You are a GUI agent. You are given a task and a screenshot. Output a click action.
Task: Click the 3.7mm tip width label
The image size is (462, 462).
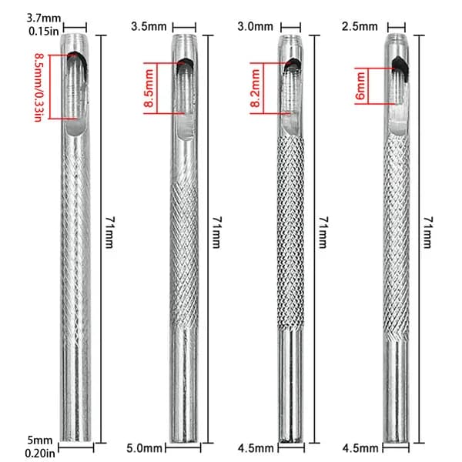pyautogui.click(x=44, y=18)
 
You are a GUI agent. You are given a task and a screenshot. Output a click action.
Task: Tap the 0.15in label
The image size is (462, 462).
pyautogui.click(x=44, y=32)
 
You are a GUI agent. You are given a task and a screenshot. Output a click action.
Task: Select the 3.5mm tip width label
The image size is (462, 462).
pyautogui.click(x=149, y=26)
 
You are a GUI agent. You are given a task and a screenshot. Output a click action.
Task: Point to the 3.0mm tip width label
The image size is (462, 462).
pyautogui.click(x=255, y=26)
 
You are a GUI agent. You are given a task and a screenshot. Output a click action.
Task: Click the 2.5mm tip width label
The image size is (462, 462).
pyautogui.click(x=360, y=26)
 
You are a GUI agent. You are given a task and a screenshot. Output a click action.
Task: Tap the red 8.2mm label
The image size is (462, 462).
pyautogui.click(x=255, y=88)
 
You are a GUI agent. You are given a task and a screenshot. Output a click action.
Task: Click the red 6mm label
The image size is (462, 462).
pyautogui.click(x=360, y=86)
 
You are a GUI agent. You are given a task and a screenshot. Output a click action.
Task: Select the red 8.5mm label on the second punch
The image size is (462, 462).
pyautogui.click(x=149, y=88)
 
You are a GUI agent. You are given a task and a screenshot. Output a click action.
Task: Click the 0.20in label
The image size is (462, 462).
pyautogui.click(x=40, y=453)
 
